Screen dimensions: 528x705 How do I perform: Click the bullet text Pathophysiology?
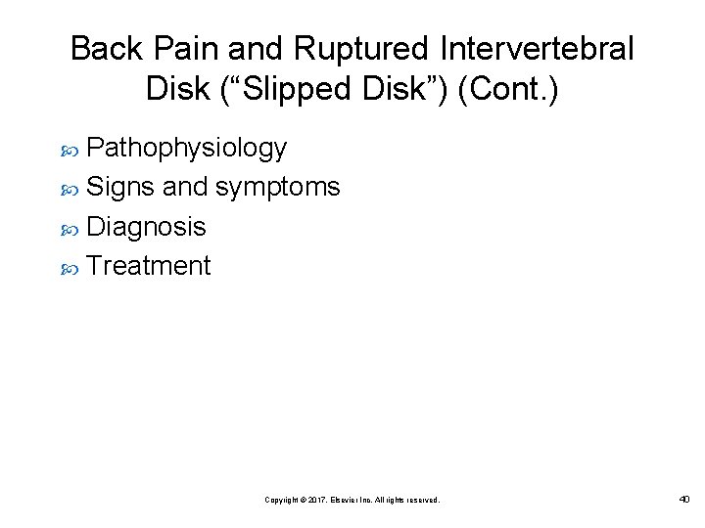click(186, 148)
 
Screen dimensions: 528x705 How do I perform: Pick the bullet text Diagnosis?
click(146, 227)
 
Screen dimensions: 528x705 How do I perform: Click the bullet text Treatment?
click(148, 266)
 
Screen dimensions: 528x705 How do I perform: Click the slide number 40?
click(683, 500)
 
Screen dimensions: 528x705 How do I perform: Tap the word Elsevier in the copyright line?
click(343, 500)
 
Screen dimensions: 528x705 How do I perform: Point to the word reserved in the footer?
click(423, 500)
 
